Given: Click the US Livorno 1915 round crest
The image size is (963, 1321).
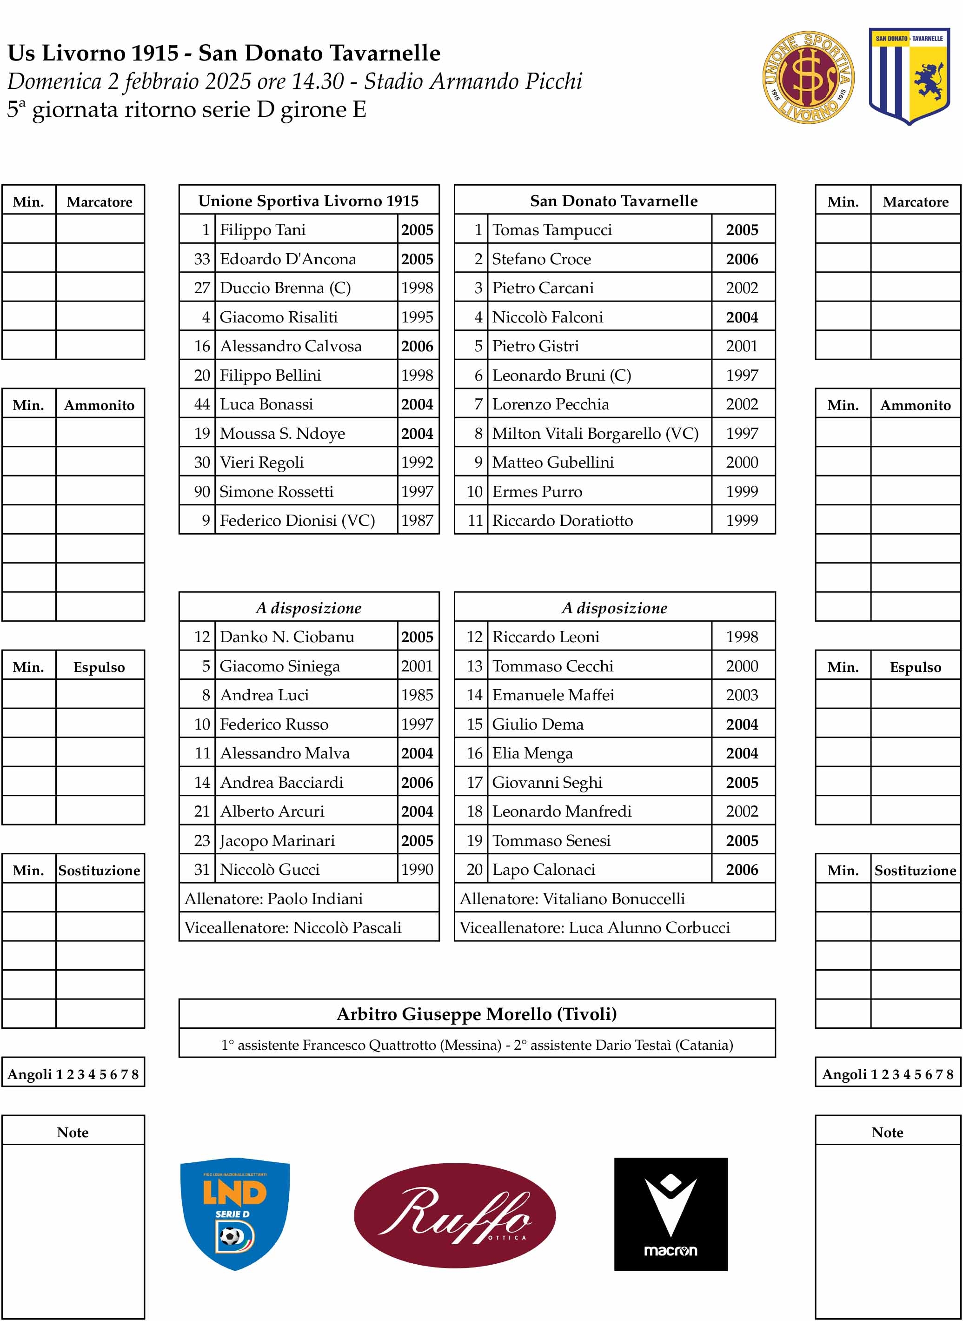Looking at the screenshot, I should (808, 77).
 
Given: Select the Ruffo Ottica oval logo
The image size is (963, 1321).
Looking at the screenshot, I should (455, 1215).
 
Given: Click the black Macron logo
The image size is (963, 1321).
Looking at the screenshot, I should (671, 1214).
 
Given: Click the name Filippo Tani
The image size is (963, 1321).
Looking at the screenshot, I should (262, 230).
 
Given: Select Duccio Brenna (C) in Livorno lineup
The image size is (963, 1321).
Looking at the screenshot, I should (285, 288).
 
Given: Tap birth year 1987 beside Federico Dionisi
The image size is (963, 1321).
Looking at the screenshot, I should (417, 521).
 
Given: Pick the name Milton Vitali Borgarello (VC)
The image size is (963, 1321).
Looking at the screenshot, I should (595, 433).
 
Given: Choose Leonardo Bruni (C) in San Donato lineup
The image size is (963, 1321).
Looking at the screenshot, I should (561, 376).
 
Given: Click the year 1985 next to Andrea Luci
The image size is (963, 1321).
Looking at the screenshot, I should (417, 695).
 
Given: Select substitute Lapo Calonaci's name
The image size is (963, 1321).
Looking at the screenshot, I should (543, 870).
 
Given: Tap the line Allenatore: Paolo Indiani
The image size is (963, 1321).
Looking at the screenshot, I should (273, 899).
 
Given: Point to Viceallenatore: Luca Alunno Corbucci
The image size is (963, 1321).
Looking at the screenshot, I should (595, 928).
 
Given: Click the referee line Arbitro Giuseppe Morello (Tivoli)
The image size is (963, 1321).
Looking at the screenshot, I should (476, 1014).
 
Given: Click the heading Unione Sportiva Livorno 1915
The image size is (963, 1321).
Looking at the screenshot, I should (308, 201).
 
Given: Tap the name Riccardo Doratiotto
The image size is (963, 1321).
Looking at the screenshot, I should (562, 521).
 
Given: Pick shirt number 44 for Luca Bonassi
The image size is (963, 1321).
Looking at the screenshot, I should (202, 404).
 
